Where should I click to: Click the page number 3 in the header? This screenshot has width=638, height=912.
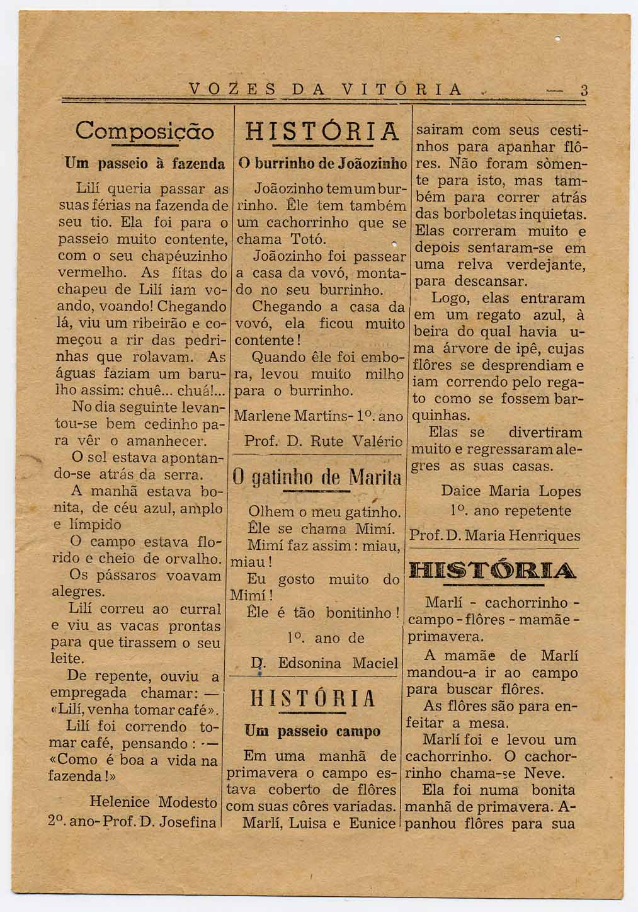[x=584, y=89]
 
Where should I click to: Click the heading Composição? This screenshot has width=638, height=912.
[x=144, y=132]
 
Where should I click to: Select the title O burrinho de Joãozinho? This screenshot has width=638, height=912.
[x=322, y=164]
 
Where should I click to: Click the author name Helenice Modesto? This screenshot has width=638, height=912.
[x=153, y=802]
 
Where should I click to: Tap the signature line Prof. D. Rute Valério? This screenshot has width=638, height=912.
[x=323, y=442]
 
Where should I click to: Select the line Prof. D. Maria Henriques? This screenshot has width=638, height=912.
[x=495, y=536]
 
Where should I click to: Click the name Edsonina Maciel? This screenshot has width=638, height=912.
[x=338, y=663]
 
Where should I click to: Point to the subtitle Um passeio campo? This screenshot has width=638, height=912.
[x=312, y=731]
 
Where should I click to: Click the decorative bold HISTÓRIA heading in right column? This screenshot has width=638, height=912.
[x=493, y=571]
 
